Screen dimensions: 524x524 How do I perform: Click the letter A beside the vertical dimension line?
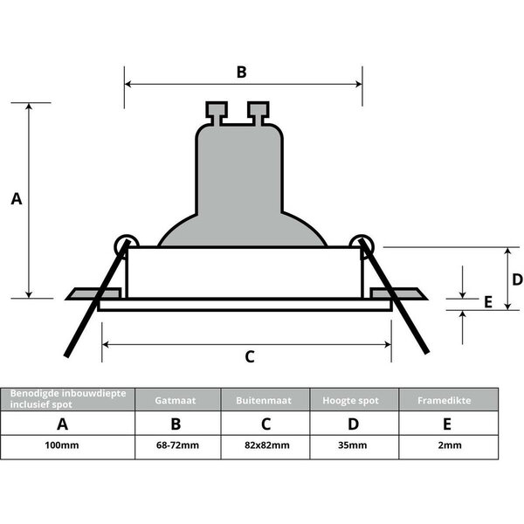(x=17, y=199)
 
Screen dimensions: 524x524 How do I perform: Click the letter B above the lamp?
(x=242, y=72)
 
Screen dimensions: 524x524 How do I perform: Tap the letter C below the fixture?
(x=249, y=356)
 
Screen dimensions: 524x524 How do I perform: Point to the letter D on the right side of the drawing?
(x=517, y=279)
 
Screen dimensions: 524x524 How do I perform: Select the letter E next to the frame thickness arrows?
(x=488, y=301)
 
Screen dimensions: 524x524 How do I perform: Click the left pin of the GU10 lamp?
(x=216, y=112)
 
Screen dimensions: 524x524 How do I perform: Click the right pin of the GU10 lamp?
(x=258, y=112)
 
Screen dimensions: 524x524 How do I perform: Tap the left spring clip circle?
(x=126, y=244)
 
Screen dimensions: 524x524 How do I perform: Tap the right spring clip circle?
(x=359, y=244)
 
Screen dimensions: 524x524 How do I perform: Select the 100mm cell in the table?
(x=61, y=445)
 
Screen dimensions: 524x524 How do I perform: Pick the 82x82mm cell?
(x=265, y=445)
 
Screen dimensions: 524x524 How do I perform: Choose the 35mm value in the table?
(x=354, y=445)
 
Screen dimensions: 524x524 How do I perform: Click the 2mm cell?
(x=449, y=445)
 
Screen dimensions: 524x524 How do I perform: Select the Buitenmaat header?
(x=265, y=400)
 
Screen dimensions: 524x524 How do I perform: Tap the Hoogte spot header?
(x=354, y=400)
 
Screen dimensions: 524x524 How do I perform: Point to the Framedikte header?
(x=448, y=400)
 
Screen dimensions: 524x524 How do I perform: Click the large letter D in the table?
(x=354, y=424)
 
